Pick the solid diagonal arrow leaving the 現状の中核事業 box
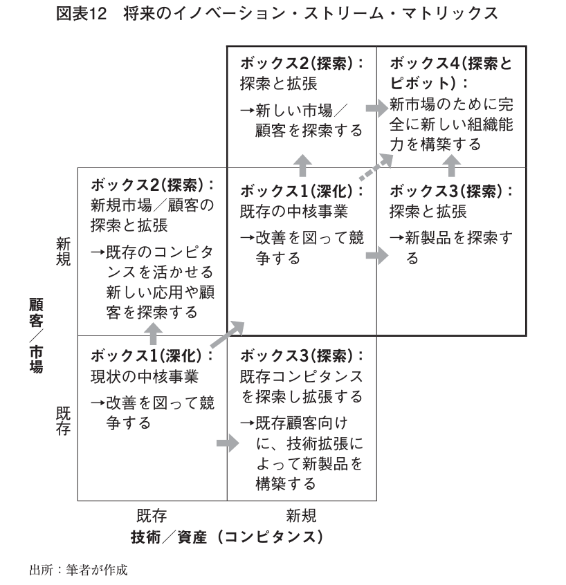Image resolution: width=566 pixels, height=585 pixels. [227, 335]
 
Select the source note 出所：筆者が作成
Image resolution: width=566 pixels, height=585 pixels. [78, 570]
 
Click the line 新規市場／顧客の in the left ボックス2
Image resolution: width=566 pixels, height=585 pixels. [153, 205]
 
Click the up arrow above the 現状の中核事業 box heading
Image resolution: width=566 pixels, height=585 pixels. [152, 335]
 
